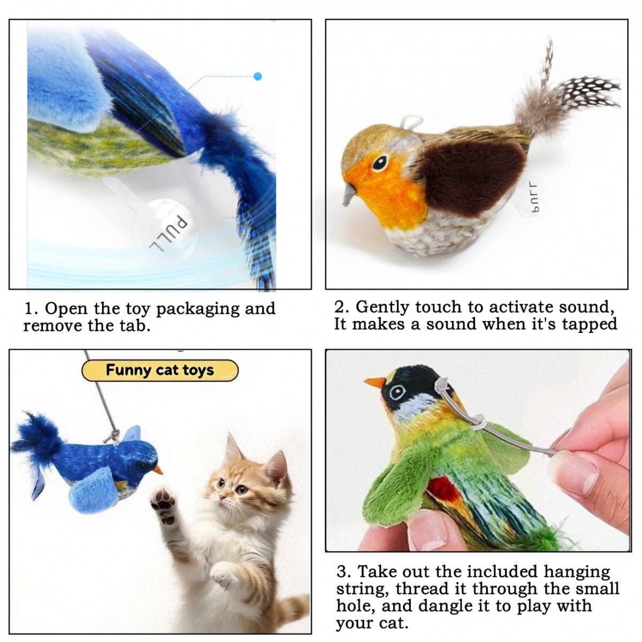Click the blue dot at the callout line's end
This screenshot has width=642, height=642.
(x=258, y=77)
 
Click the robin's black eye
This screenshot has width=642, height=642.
(x=380, y=162)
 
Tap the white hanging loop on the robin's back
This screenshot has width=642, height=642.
(x=410, y=122)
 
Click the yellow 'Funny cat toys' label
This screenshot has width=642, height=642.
(x=159, y=370)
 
